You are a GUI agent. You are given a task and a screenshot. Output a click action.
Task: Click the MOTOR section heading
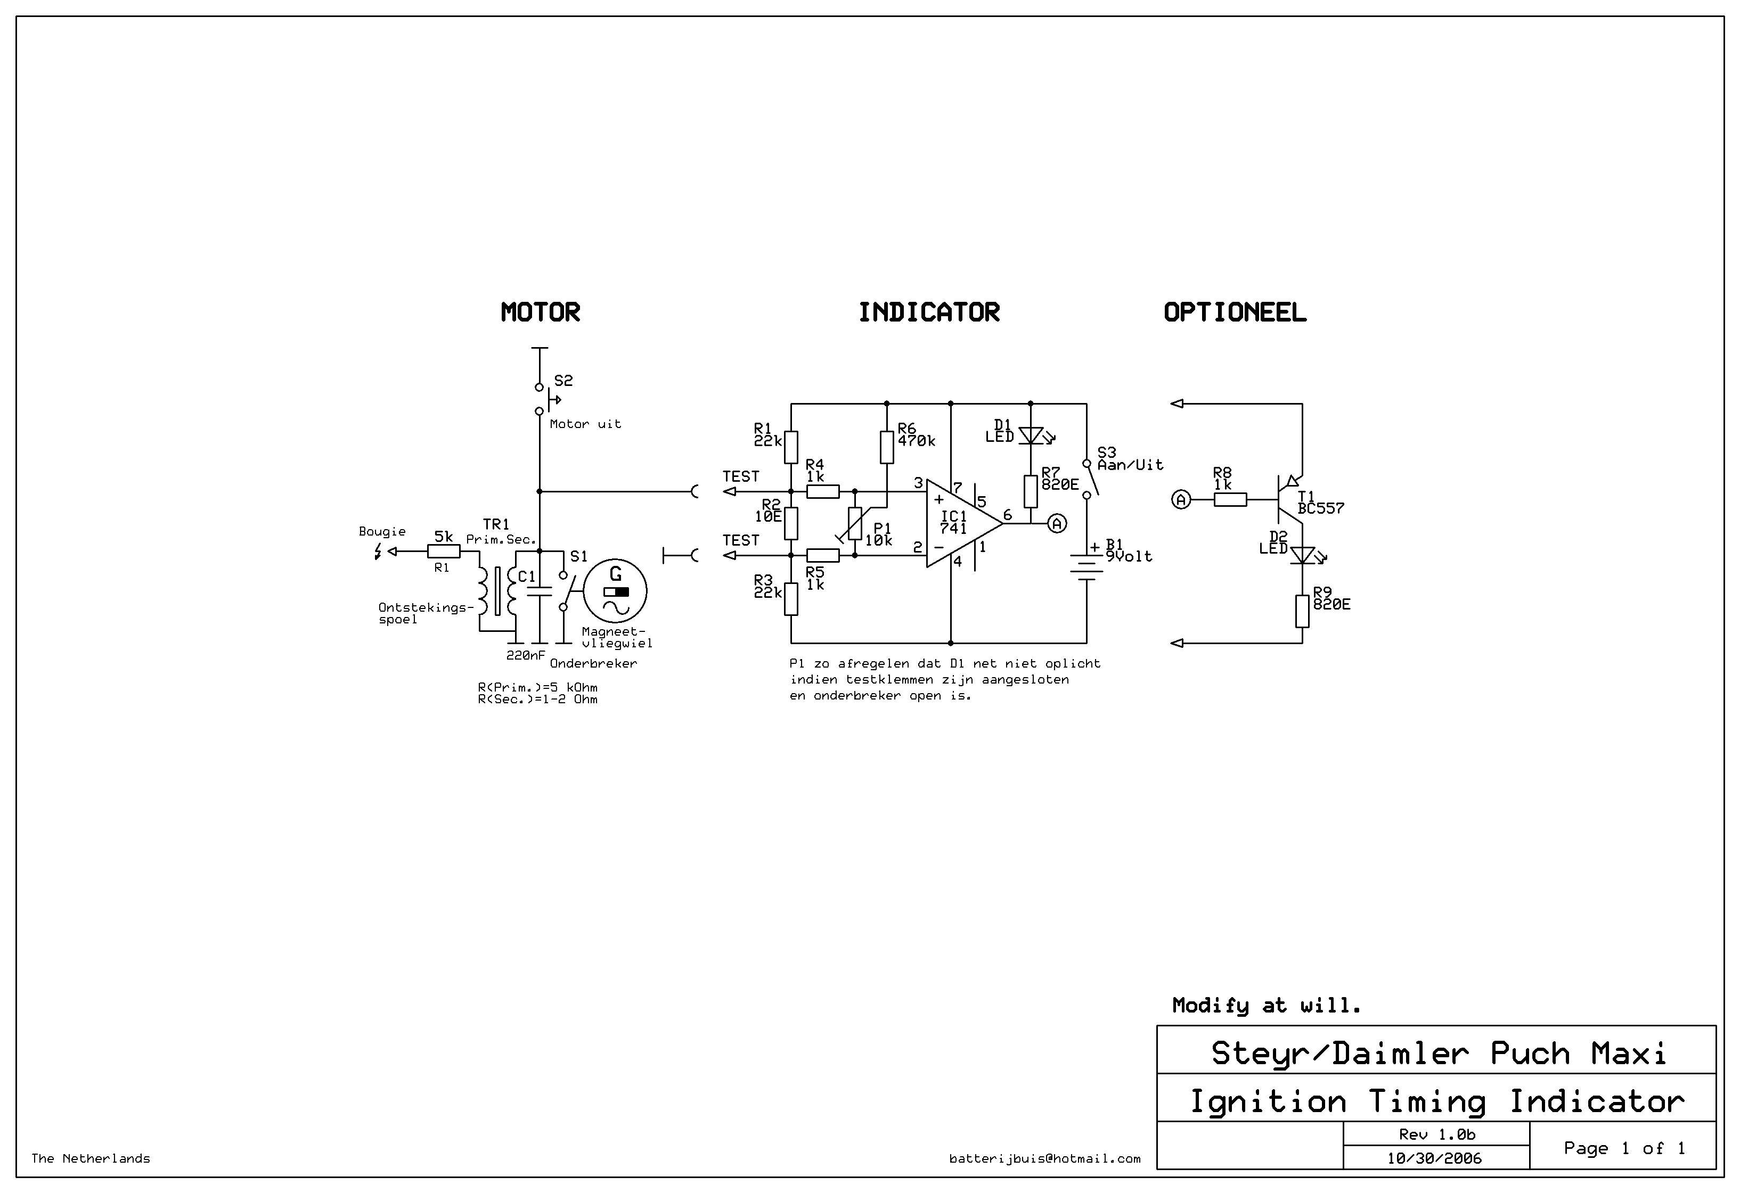click(540, 312)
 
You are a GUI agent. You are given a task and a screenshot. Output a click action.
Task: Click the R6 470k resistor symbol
click(886, 448)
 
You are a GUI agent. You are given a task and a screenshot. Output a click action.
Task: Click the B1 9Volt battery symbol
click(1087, 566)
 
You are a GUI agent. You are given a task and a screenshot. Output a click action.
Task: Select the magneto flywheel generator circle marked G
click(616, 590)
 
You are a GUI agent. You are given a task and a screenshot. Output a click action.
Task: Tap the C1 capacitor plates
click(538, 591)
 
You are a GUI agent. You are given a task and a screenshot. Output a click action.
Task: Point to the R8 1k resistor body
click(1230, 499)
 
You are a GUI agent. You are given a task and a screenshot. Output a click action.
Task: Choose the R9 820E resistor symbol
click(1302, 611)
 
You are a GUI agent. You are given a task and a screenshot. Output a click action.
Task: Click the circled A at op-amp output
click(1057, 523)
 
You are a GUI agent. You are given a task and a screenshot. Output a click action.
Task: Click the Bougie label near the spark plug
click(382, 531)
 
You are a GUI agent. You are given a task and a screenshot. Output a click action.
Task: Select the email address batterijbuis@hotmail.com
click(1044, 1158)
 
